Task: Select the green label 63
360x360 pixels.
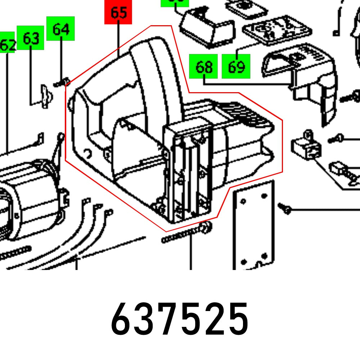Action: coord(31,38)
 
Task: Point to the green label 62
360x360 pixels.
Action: coord(8,45)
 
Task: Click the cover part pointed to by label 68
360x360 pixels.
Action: coord(306,79)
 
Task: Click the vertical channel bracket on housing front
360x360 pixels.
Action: coord(187,173)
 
